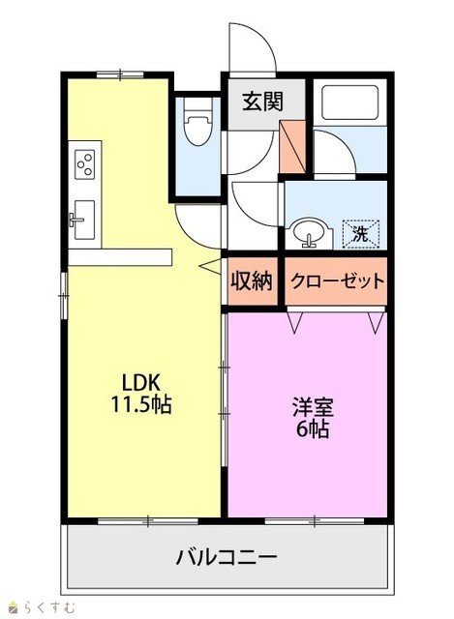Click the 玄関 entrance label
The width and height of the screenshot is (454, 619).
[262, 101]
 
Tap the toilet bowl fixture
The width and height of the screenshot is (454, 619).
[197, 121]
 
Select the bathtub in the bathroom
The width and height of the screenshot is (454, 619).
[350, 103]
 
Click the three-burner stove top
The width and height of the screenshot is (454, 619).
[85, 164]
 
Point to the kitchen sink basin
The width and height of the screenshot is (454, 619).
[82, 220]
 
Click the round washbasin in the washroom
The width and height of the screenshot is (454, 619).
[310, 232]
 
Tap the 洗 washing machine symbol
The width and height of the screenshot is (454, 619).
[361, 234]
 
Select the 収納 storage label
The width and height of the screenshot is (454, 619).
[252, 281]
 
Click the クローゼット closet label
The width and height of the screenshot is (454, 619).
[337, 281]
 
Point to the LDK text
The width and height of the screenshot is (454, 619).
[140, 382]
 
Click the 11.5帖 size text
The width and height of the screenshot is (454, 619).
[141, 404]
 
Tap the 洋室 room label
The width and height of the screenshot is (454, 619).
[313, 407]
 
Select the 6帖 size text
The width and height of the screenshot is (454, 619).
[313, 429]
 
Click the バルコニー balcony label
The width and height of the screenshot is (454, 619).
[227, 557]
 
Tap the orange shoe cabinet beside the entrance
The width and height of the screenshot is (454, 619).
[292, 147]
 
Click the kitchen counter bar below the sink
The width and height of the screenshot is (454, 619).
[120, 257]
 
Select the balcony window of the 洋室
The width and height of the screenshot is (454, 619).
[315, 521]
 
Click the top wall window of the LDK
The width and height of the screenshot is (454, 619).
[120, 74]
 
